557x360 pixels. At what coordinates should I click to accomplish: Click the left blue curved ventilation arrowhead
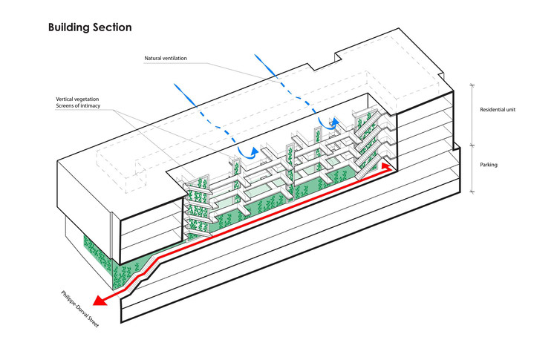[x=254, y=152]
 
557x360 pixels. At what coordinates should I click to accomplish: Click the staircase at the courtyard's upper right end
[x=368, y=141]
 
